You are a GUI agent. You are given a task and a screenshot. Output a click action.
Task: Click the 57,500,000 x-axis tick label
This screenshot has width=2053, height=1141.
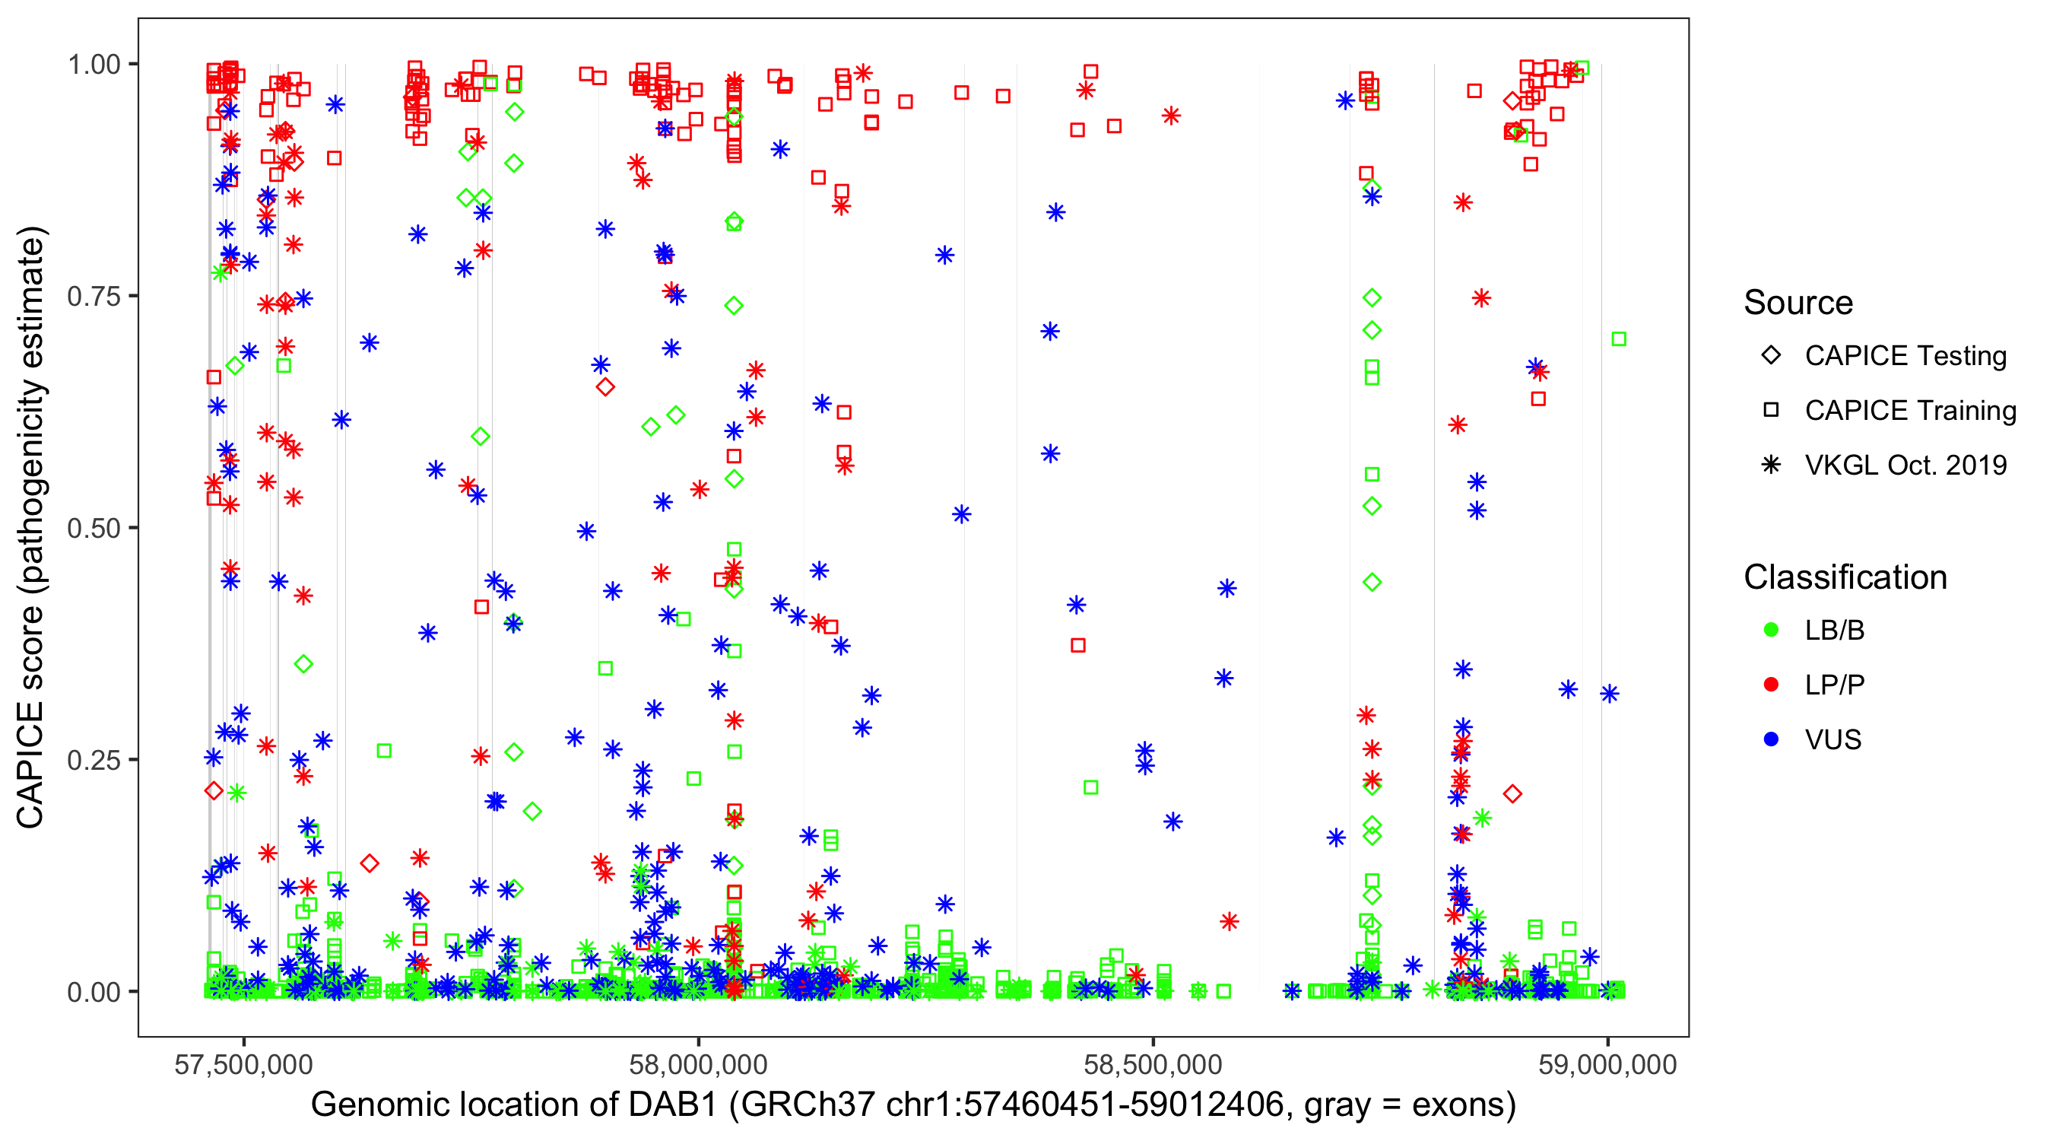click(244, 1064)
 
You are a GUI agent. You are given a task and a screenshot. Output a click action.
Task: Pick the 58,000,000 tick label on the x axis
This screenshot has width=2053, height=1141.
click(698, 1064)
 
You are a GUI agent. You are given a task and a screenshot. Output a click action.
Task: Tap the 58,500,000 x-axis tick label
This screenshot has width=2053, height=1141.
click(1153, 1064)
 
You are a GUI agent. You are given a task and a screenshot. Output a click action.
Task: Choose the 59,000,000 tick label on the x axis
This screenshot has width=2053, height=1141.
click(1607, 1064)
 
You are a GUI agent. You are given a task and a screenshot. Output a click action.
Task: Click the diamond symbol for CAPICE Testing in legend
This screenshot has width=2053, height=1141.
click(1771, 356)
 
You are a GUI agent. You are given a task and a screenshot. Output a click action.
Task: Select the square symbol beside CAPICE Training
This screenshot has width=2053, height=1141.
click(1771, 411)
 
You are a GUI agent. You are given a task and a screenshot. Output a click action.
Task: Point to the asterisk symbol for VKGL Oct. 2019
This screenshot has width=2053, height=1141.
click(1771, 465)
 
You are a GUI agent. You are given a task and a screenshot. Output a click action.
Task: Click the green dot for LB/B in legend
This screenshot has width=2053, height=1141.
click(1771, 630)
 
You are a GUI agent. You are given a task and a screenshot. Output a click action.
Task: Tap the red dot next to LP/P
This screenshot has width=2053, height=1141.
click(1771, 685)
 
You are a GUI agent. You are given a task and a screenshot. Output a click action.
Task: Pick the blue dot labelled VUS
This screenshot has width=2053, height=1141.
click(1771, 739)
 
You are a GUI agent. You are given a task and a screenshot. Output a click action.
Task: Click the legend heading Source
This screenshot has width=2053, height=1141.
click(1798, 303)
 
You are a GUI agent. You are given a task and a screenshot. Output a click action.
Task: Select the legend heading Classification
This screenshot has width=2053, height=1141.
click(1845, 577)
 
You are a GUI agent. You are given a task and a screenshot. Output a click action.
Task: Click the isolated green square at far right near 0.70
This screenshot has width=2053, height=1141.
click(1619, 340)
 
